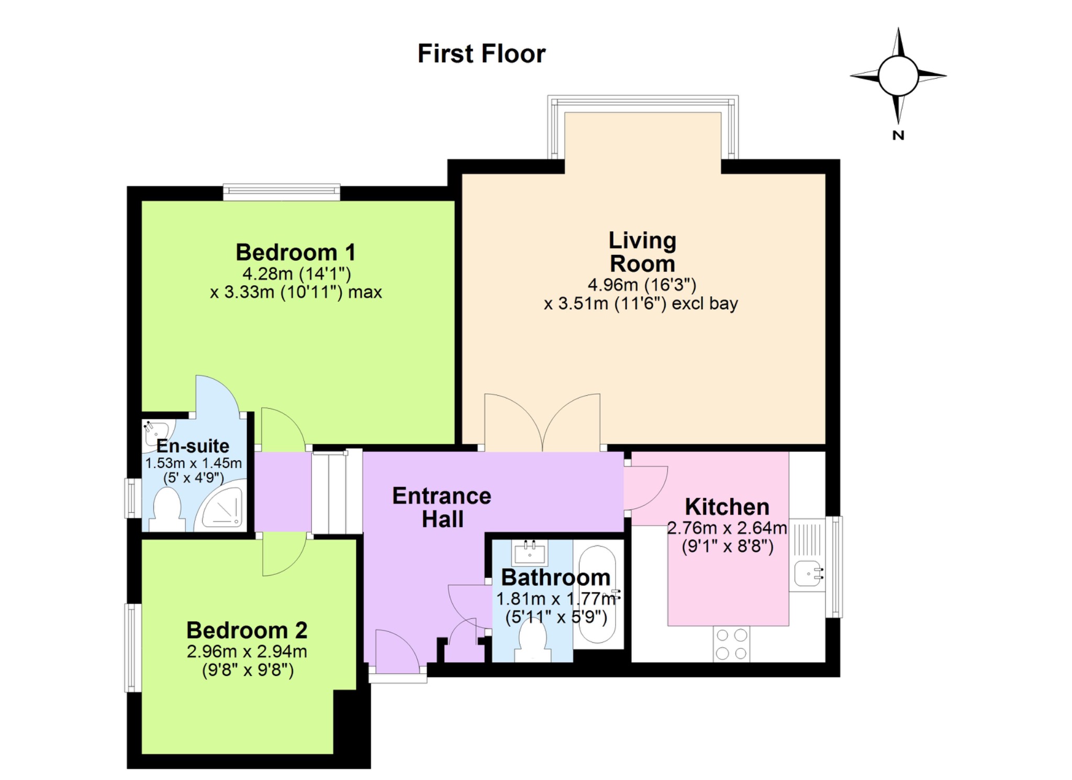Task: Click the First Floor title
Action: point(482,54)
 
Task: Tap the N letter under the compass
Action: point(898,135)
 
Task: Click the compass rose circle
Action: point(898,76)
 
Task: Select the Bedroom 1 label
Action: point(296,252)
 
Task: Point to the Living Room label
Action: point(642,252)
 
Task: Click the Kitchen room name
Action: point(727,507)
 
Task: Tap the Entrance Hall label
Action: point(442,507)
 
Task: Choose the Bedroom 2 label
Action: point(247,630)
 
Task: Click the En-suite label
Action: point(193,446)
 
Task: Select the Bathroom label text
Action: point(556,577)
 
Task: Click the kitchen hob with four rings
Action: point(731,644)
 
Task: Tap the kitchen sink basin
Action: point(808,573)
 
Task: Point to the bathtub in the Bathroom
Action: point(598,595)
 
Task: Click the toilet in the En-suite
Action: point(167,509)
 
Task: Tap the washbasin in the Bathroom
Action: point(529,552)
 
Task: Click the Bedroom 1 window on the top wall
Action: point(282,192)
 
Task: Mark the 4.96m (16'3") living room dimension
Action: point(642,285)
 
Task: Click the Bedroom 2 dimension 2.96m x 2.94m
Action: point(247,652)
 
